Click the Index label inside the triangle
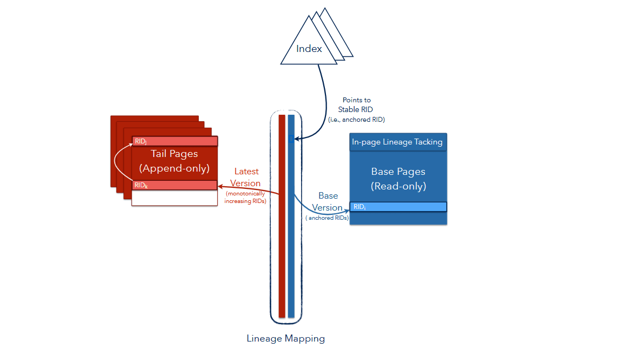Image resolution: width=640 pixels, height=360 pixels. click(x=309, y=49)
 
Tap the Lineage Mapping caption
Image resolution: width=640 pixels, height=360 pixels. click(x=285, y=339)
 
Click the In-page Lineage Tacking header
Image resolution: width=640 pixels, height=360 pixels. click(x=397, y=142)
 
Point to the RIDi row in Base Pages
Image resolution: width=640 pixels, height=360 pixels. click(x=398, y=207)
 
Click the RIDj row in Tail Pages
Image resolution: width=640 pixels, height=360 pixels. click(x=174, y=141)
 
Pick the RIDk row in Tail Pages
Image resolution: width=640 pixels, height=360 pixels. click(x=174, y=185)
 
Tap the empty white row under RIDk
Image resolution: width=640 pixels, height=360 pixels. click(x=174, y=198)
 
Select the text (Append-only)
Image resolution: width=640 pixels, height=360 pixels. click(x=174, y=168)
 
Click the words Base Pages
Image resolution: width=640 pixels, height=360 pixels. click(x=398, y=172)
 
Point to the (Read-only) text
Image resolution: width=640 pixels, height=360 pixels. click(x=398, y=186)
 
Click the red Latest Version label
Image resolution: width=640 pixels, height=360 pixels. click(x=246, y=178)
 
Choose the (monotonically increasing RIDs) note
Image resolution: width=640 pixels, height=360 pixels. click(x=245, y=198)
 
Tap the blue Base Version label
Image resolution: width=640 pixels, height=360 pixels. click(x=328, y=201)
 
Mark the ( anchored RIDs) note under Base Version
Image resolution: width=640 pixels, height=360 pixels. click(x=326, y=218)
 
